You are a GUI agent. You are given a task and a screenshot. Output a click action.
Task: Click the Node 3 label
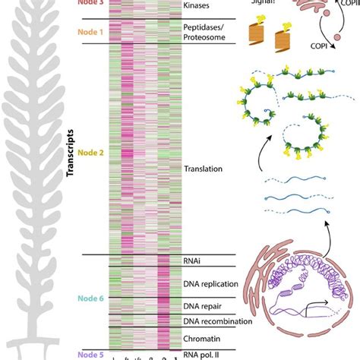(x=90, y=3)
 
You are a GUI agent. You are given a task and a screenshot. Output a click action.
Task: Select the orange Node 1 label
(x=90, y=33)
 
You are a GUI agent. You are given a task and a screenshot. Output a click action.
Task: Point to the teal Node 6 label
(x=90, y=299)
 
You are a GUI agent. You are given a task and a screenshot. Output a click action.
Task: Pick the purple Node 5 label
(x=90, y=352)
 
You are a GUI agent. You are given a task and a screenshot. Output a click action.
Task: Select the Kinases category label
(x=198, y=5)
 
